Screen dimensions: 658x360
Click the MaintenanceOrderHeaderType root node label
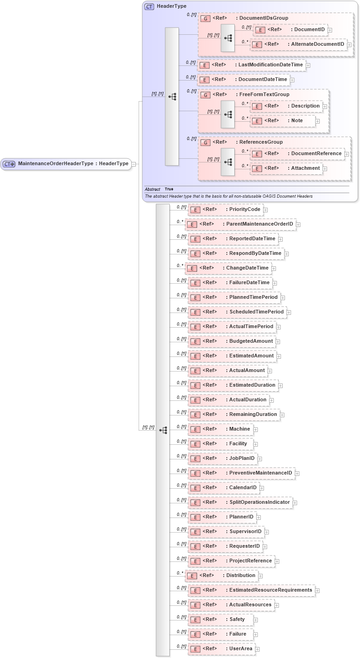[73, 164]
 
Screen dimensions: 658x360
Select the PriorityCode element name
[245, 210]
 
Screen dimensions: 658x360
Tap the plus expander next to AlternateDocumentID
[349, 44]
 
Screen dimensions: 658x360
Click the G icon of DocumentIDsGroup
[206, 18]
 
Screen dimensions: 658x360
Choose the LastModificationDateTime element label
[270, 65]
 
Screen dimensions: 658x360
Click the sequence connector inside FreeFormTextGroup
[227, 114]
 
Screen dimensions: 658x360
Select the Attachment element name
[305, 168]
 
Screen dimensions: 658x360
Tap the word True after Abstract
[169, 189]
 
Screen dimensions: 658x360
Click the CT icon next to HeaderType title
[149, 7]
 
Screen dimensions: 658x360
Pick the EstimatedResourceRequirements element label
[271, 590]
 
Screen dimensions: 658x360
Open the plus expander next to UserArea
[258, 649]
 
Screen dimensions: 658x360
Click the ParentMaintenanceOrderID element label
[258, 224]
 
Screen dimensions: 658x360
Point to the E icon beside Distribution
[193, 576]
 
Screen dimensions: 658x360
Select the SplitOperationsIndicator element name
[259, 502]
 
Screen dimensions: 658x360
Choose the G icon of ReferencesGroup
[206, 142]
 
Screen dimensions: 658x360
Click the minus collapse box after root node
[134, 164]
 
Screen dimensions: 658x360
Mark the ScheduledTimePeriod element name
[256, 312]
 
